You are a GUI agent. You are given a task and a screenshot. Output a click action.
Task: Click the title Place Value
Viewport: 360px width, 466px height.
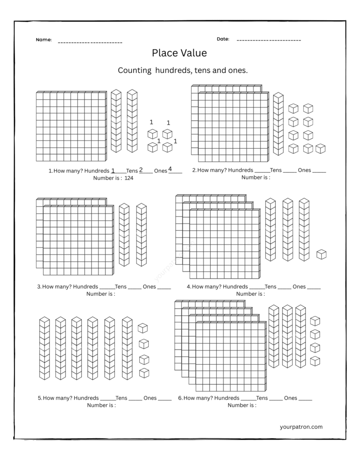[179, 53]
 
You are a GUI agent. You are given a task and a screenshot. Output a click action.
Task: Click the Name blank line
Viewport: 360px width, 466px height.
[90, 42]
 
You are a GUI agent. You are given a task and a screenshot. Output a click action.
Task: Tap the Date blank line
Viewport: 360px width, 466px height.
[269, 41]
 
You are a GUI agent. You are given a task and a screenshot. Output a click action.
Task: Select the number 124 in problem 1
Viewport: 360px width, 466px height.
[129, 178]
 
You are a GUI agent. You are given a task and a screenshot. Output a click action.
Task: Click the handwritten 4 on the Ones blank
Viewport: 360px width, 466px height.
[170, 169]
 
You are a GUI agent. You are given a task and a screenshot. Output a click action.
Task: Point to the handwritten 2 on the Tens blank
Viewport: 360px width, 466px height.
[141, 170]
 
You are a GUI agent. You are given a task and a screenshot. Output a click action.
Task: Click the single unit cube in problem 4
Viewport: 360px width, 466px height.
[322, 254]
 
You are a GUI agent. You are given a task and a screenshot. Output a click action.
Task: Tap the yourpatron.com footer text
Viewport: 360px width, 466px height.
[301, 427]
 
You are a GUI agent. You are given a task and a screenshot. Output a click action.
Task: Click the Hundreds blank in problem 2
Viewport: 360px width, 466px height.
[262, 172]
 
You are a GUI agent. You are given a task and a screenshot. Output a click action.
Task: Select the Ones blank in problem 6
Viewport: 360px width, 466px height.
[305, 399]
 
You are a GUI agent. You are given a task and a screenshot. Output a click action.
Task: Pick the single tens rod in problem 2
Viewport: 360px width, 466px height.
[278, 124]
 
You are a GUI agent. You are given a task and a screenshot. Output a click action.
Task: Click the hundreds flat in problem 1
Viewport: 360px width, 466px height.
[71, 127]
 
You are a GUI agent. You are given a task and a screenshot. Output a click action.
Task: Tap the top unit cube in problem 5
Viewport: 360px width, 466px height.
[143, 328]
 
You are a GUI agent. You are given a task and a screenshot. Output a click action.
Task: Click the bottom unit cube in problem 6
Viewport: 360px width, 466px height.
[315, 361]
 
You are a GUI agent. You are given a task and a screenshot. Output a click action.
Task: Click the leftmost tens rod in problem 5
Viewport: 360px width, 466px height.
[44, 348]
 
